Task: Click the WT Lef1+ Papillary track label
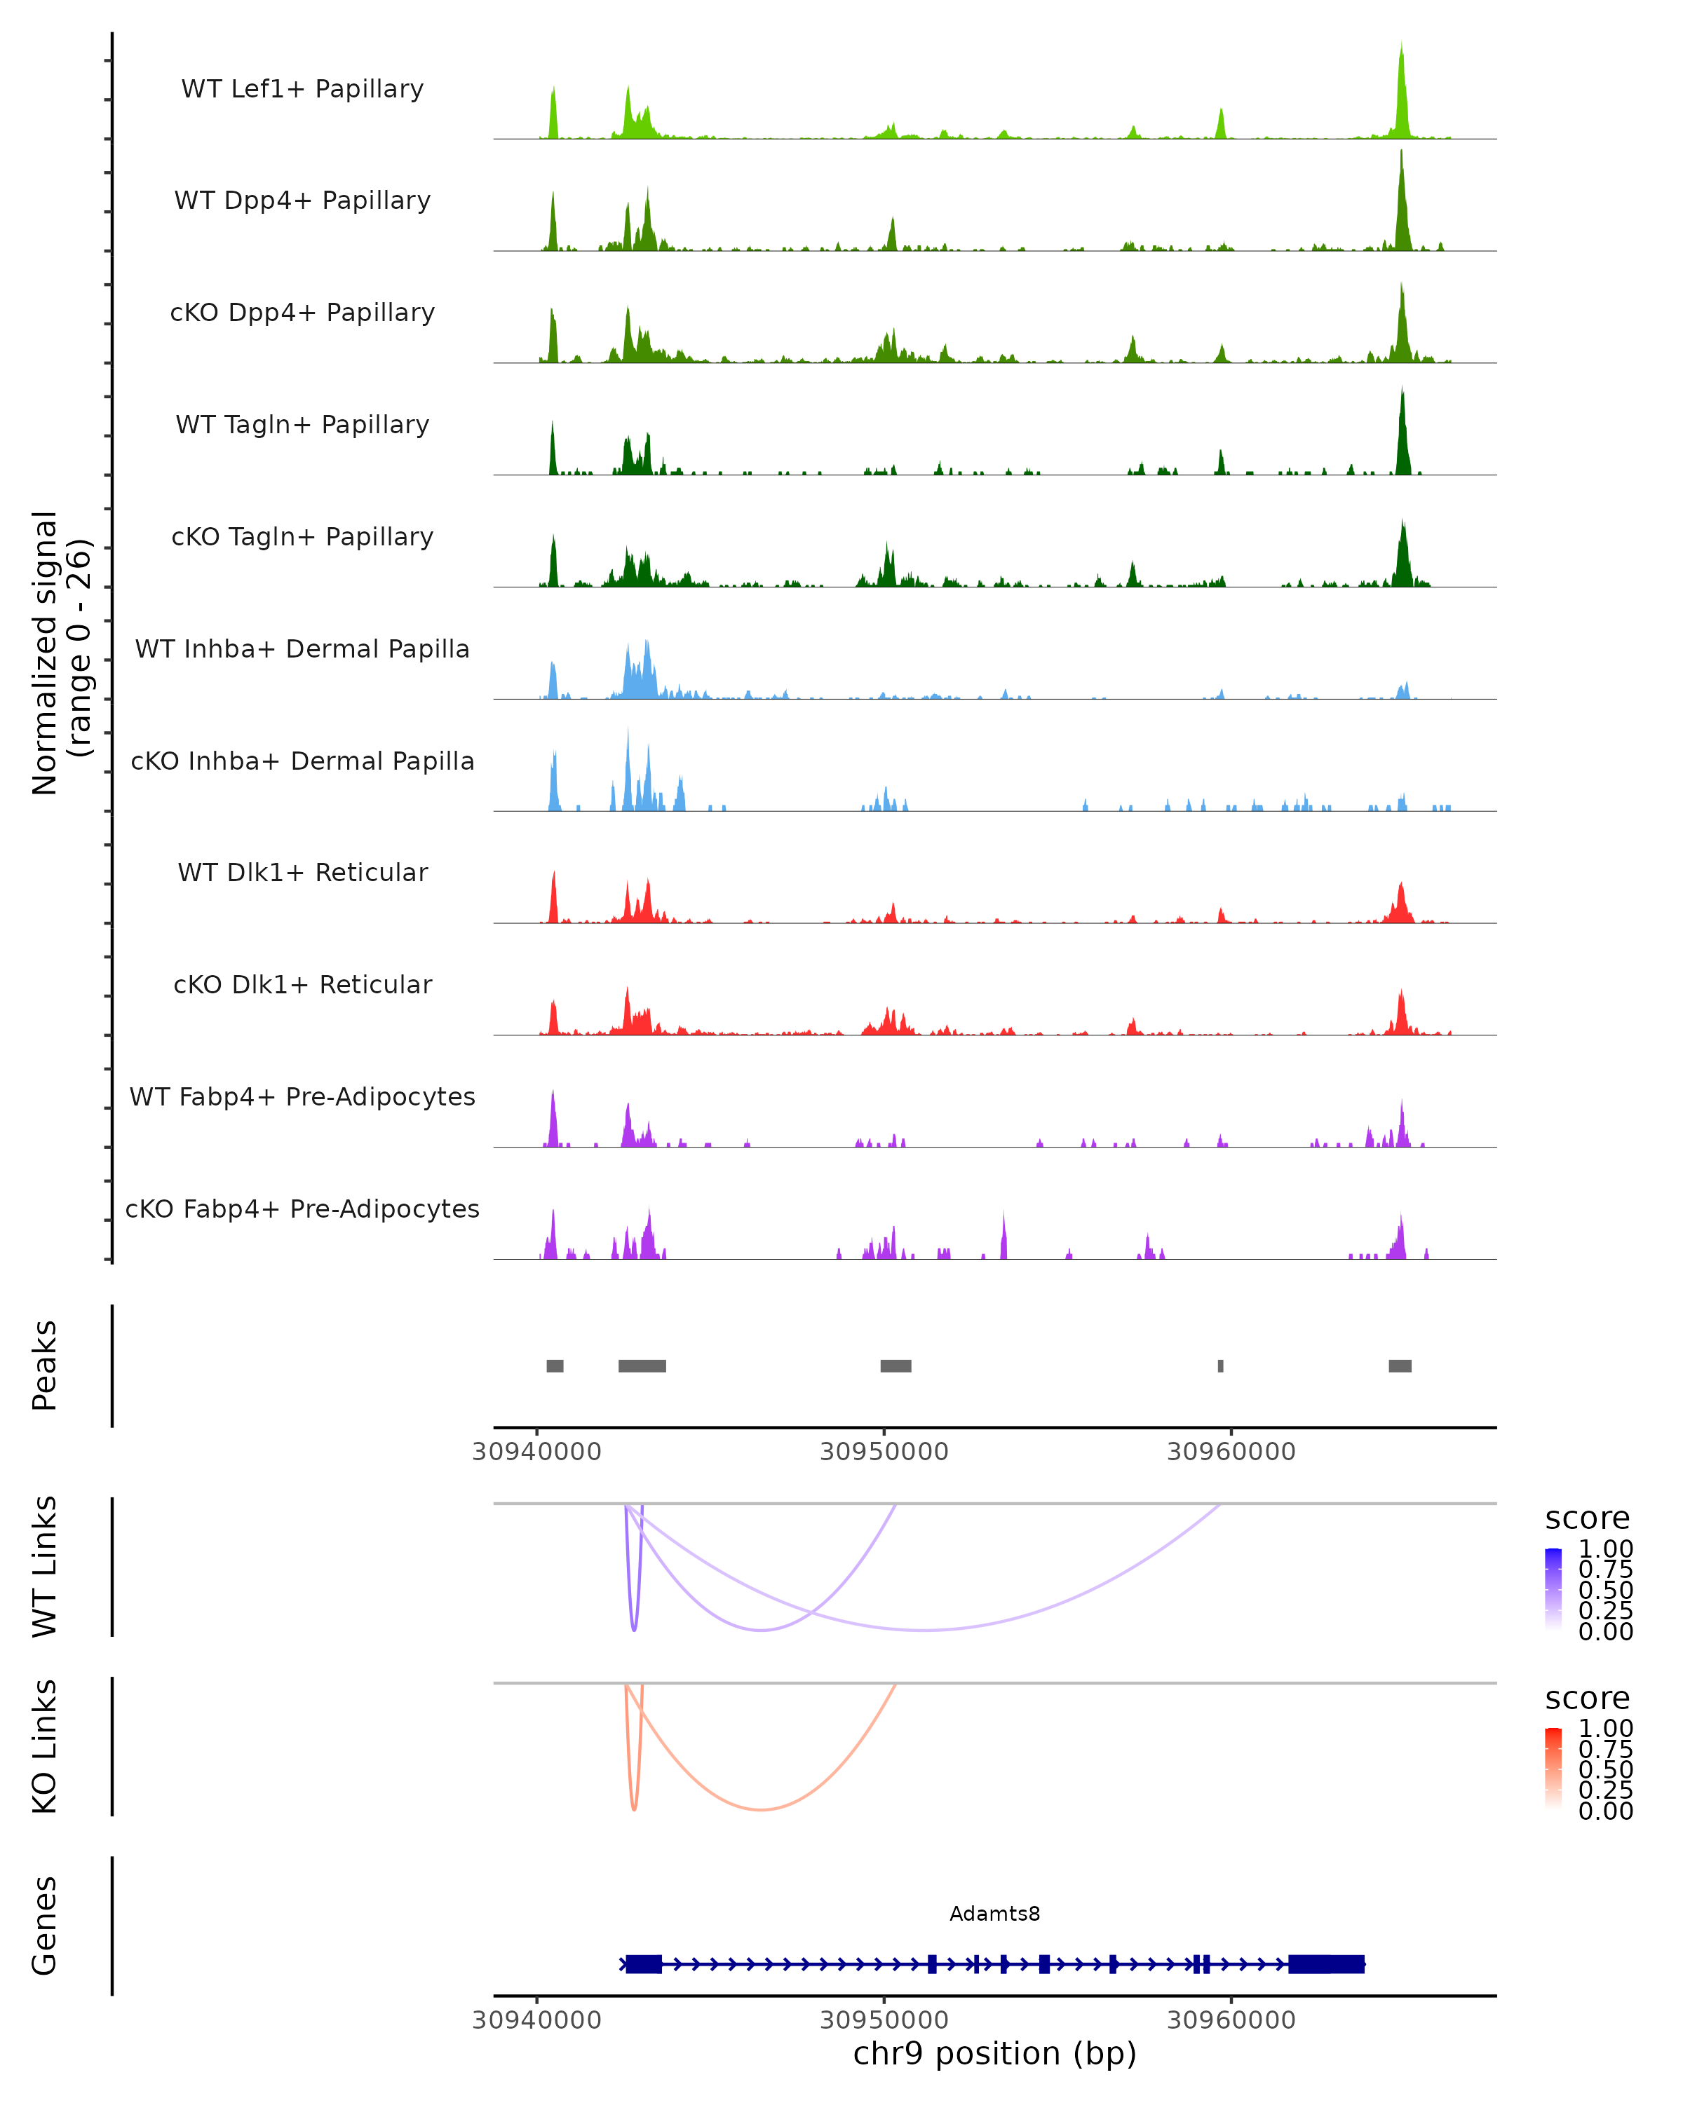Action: (302, 89)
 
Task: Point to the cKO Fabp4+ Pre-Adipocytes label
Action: (302, 1209)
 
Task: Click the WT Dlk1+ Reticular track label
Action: (302, 872)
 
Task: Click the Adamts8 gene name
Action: (994, 1914)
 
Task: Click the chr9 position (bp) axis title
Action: (994, 2053)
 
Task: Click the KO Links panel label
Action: (45, 1746)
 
